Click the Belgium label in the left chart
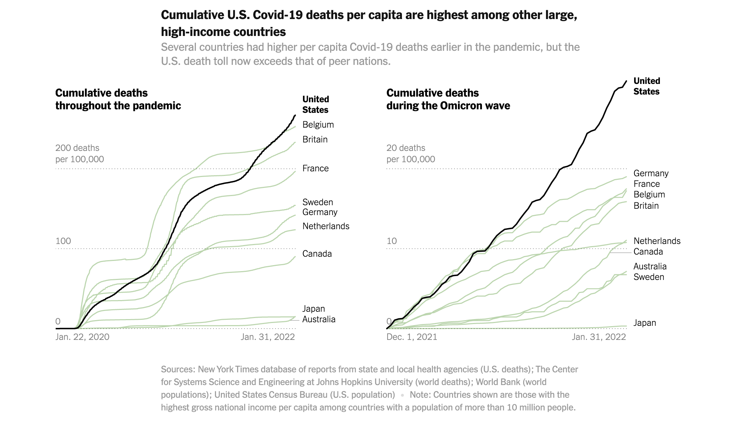tap(318, 125)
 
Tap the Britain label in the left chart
tap(315, 140)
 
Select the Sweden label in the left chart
tap(317, 202)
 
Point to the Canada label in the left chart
tap(317, 254)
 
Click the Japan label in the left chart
tap(313, 309)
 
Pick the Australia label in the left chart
tap(318, 319)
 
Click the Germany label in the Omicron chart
tap(651, 173)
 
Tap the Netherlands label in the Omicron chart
tap(657, 241)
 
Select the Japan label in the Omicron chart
tap(644, 323)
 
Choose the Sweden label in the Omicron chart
tap(649, 277)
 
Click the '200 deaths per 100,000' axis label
tap(79, 154)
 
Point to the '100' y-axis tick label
tap(63, 241)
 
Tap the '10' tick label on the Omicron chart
tap(391, 241)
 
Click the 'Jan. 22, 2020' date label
tap(82, 337)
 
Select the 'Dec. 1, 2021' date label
tap(411, 337)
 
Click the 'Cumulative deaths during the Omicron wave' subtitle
tap(448, 99)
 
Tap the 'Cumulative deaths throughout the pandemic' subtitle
tap(118, 99)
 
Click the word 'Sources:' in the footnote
tap(178, 370)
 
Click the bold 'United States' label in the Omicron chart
tap(646, 86)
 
